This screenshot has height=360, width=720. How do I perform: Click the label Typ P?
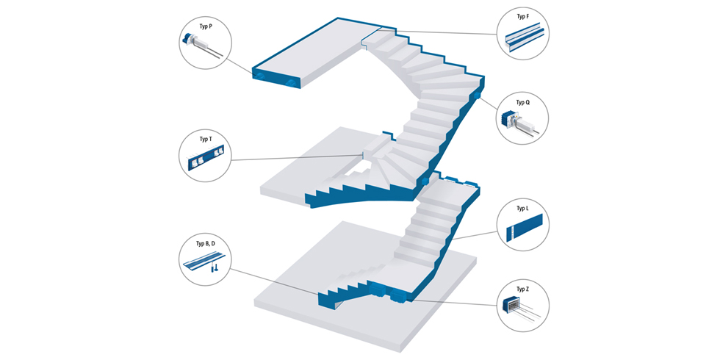pyautogui.click(x=206, y=27)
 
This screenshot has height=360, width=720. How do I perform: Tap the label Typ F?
pyautogui.click(x=522, y=16)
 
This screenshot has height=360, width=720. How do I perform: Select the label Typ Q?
pyautogui.click(x=522, y=103)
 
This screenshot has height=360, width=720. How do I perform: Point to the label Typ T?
pyautogui.click(x=206, y=139)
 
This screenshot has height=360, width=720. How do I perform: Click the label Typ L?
pyautogui.click(x=522, y=209)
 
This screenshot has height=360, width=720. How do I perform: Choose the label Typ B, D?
pyautogui.click(x=206, y=243)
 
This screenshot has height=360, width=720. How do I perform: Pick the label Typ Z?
pyautogui.click(x=522, y=289)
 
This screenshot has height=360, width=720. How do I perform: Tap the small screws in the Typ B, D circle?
pyautogui.click(x=215, y=268)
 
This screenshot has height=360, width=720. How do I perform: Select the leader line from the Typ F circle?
pyautogui.click(x=441, y=33)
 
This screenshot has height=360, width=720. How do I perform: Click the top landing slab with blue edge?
pyautogui.click(x=309, y=51)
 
